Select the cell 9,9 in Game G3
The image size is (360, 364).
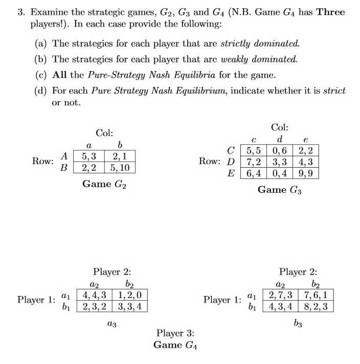tap(310, 173)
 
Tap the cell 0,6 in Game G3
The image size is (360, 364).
tap(280, 151)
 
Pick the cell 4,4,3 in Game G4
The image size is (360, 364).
tap(91, 294)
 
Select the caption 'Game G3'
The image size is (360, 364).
tap(279, 190)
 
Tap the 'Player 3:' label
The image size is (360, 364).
tap(175, 333)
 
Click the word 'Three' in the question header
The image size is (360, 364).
tap(331, 12)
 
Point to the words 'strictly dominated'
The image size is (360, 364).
tap(266, 43)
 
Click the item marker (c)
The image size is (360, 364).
tap(42, 75)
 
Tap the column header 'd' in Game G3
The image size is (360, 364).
tap(279, 140)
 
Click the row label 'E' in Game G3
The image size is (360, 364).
tap(232, 173)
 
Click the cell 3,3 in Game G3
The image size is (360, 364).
tap(280, 162)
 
